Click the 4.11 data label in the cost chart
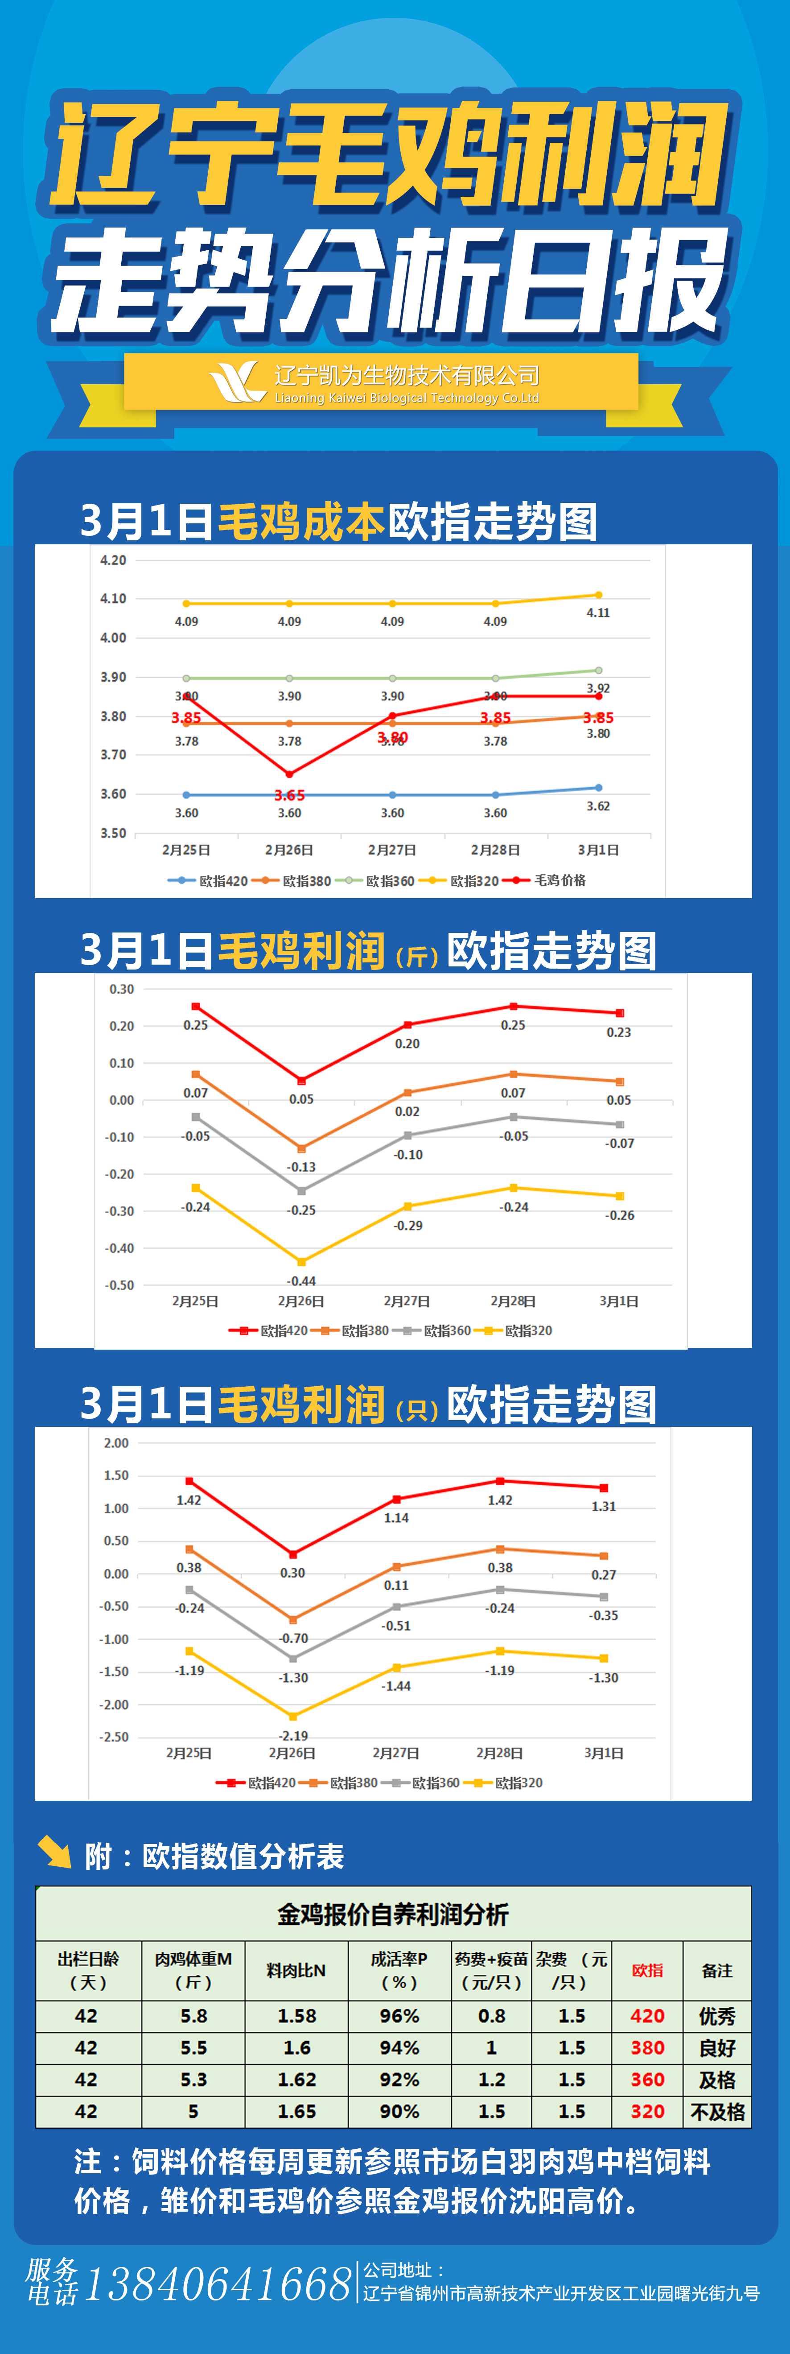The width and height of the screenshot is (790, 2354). pos(598,612)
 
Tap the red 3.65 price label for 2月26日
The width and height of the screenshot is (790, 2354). pos(289,795)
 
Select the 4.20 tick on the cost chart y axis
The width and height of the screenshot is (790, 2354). pos(113,560)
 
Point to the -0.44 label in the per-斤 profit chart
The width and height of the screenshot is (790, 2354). pos(301,1281)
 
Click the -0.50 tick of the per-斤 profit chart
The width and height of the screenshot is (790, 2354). pos(119,1285)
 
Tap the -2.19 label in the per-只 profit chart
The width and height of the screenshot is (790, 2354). pos(293,1735)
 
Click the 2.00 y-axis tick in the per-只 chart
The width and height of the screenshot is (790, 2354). pos(116,1443)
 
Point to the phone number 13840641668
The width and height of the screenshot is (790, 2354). pos(218,2284)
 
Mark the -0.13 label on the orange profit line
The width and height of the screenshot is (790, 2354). pos(301,1167)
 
